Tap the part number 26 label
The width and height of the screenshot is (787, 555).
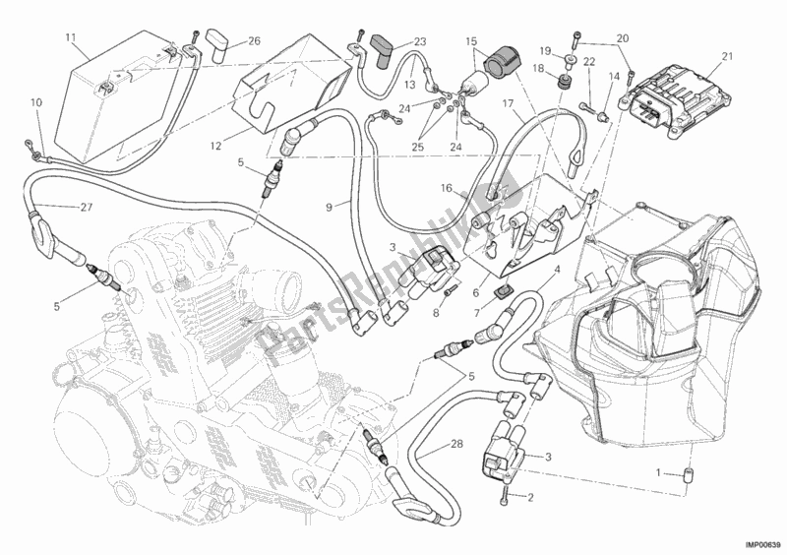[x=227, y=41]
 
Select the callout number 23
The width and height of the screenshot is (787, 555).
[x=393, y=41]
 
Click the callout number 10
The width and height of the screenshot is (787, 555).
[x=36, y=102]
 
